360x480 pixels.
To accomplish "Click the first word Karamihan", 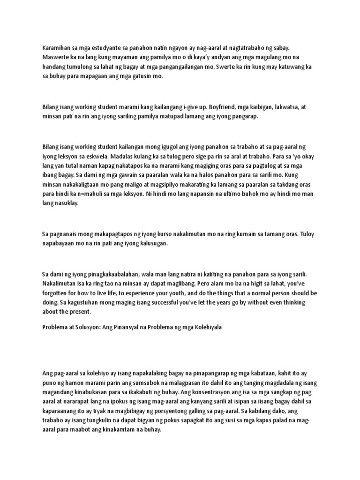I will point(56,47).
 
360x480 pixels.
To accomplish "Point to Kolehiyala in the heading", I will point(204,328).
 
